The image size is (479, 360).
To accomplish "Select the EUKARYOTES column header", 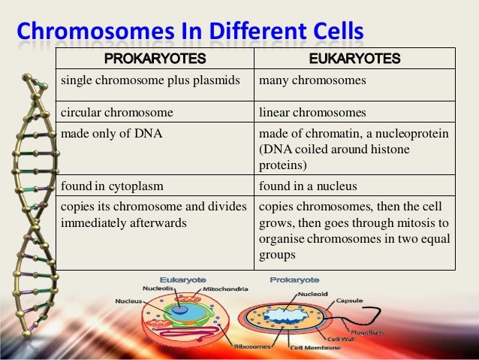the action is click(x=355, y=59).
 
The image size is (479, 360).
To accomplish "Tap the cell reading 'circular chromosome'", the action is click(x=116, y=113).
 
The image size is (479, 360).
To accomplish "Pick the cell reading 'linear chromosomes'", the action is click(x=312, y=113).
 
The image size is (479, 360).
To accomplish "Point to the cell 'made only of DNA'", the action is click(x=107, y=133).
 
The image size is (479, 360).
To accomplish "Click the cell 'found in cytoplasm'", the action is click(x=113, y=185).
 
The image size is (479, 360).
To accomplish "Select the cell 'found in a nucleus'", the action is click(x=309, y=185).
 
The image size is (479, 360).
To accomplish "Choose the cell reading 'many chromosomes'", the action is click(x=312, y=80).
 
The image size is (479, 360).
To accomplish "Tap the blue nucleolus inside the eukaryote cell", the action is click(x=181, y=309).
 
